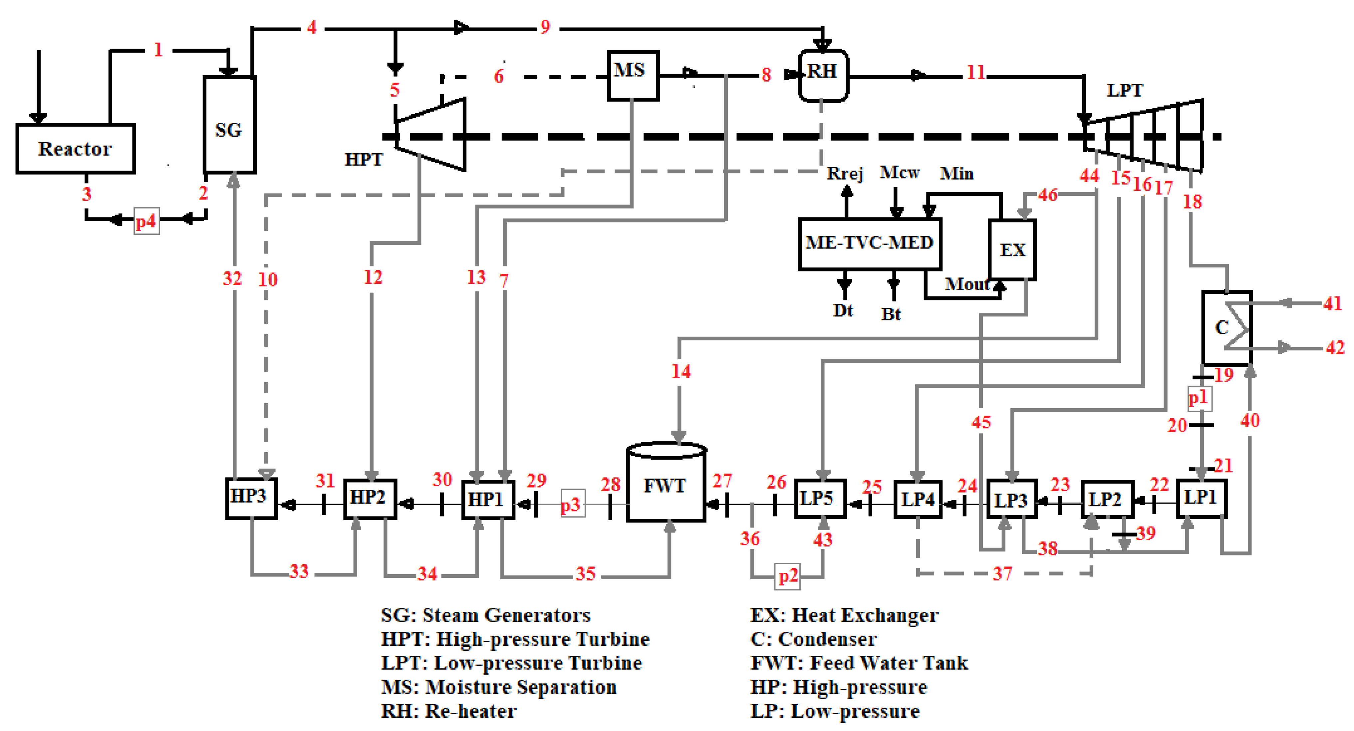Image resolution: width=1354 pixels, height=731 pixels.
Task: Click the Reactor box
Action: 75,149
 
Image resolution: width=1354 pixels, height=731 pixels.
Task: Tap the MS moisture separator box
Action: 633,75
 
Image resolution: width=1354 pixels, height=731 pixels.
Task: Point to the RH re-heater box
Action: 823,75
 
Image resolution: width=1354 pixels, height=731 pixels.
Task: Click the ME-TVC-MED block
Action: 869,243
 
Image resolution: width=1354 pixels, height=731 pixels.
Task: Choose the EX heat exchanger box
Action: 1012,250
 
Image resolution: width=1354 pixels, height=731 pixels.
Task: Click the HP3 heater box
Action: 251,498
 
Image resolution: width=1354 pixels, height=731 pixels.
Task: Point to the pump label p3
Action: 572,504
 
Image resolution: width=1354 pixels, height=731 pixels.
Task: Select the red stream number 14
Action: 681,372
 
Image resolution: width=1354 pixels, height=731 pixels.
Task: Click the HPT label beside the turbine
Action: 364,159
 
